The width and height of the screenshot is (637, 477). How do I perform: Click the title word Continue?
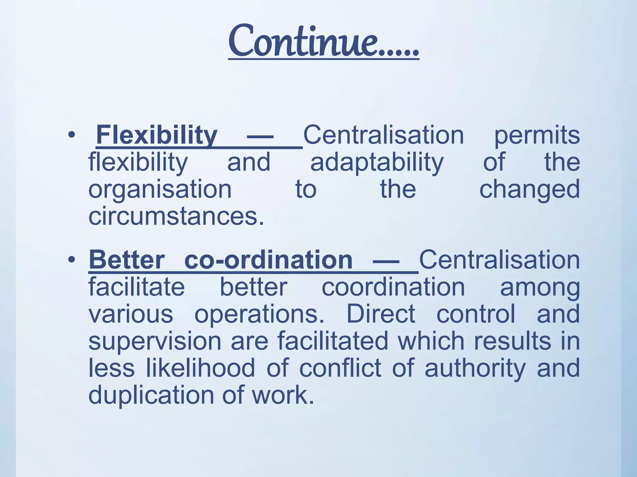pyautogui.click(x=323, y=42)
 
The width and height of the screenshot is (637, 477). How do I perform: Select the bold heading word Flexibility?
pyautogui.click(x=156, y=135)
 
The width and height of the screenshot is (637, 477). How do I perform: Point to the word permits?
pyautogui.click(x=537, y=136)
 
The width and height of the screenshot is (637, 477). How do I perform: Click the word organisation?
pyautogui.click(x=160, y=190)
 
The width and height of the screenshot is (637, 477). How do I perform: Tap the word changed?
pyautogui.click(x=529, y=190)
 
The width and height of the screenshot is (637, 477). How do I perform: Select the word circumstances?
pyautogui.click(x=176, y=216)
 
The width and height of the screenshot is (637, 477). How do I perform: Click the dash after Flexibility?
pyautogui.click(x=260, y=136)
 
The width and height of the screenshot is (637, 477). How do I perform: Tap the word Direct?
pyautogui.click(x=381, y=314)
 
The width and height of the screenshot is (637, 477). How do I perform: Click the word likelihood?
pyautogui.click(x=201, y=368)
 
